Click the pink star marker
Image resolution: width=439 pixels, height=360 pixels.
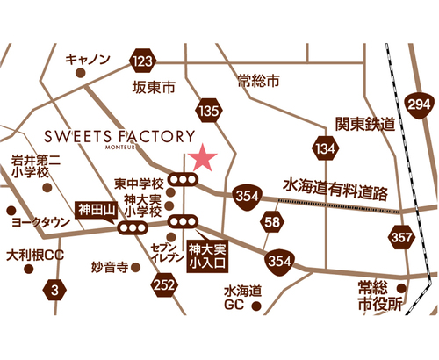203,158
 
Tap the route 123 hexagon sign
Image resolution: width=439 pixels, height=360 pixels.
143,61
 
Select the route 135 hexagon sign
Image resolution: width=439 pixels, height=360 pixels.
209,111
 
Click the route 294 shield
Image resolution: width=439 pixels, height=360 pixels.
419,104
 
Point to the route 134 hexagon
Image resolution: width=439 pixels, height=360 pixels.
326,148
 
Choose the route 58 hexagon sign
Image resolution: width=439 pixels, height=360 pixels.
272,221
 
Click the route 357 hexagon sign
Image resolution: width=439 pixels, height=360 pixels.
401,237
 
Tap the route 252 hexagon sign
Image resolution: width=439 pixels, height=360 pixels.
164,284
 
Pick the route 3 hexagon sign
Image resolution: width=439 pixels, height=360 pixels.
54,290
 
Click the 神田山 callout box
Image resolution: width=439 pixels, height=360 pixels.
97,210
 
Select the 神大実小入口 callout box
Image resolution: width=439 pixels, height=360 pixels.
207,256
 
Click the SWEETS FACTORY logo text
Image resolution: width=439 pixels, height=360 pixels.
119,137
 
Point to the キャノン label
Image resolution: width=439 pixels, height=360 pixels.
88,59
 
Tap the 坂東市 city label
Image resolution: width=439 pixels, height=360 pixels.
154,87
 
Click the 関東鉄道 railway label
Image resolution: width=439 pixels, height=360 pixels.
365,124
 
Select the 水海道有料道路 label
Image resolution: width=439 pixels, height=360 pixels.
335,189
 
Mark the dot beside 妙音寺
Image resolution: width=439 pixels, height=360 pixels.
135,267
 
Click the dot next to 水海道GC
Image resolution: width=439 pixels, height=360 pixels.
256,306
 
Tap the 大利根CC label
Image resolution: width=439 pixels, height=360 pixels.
35,256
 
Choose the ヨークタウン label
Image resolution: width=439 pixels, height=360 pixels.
40,222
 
